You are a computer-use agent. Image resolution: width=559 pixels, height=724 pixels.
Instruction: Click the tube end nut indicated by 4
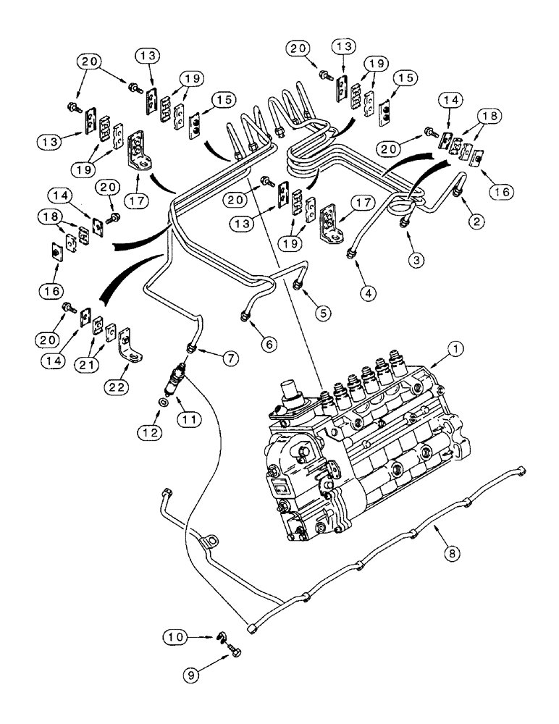pos(350,251)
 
